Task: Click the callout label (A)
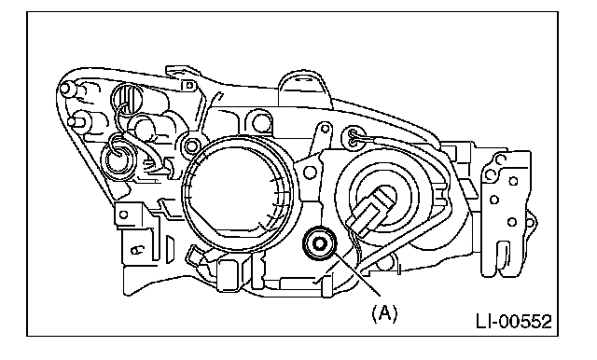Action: (384, 313)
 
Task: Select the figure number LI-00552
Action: (514, 322)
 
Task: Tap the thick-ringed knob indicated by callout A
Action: (319, 243)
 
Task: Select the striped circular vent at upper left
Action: (127, 98)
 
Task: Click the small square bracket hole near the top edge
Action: (188, 86)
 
